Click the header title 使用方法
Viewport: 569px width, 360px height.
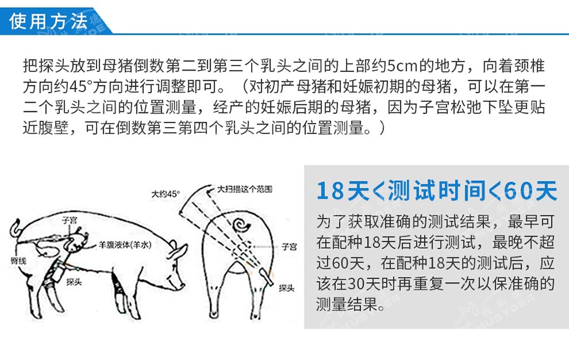[x=48, y=20]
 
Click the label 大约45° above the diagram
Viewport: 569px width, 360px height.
[x=166, y=194]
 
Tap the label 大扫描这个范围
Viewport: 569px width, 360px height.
[x=244, y=188]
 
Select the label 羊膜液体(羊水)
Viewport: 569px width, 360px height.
[x=125, y=245]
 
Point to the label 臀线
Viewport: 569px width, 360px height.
[x=19, y=260]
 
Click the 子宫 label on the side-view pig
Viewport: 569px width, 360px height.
[x=69, y=220]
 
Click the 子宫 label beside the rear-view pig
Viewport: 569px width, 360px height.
[x=289, y=247]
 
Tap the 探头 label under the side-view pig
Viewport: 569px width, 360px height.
[x=74, y=282]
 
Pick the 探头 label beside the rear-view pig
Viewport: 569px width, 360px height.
[x=286, y=288]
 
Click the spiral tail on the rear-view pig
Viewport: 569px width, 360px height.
[x=241, y=225]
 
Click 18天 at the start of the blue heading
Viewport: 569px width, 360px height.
[x=343, y=191]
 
